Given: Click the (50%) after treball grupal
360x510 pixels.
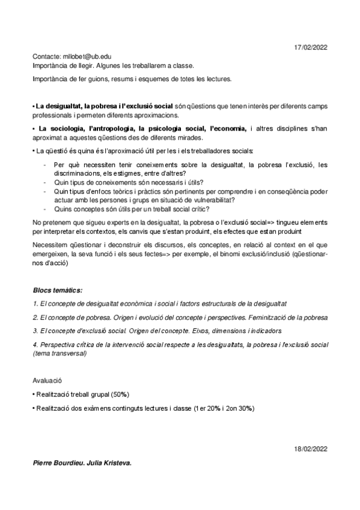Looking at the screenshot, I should tap(120, 393).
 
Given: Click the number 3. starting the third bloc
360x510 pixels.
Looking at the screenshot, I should tap(35, 331).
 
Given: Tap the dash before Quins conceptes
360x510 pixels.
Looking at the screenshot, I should tap(46, 209).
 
